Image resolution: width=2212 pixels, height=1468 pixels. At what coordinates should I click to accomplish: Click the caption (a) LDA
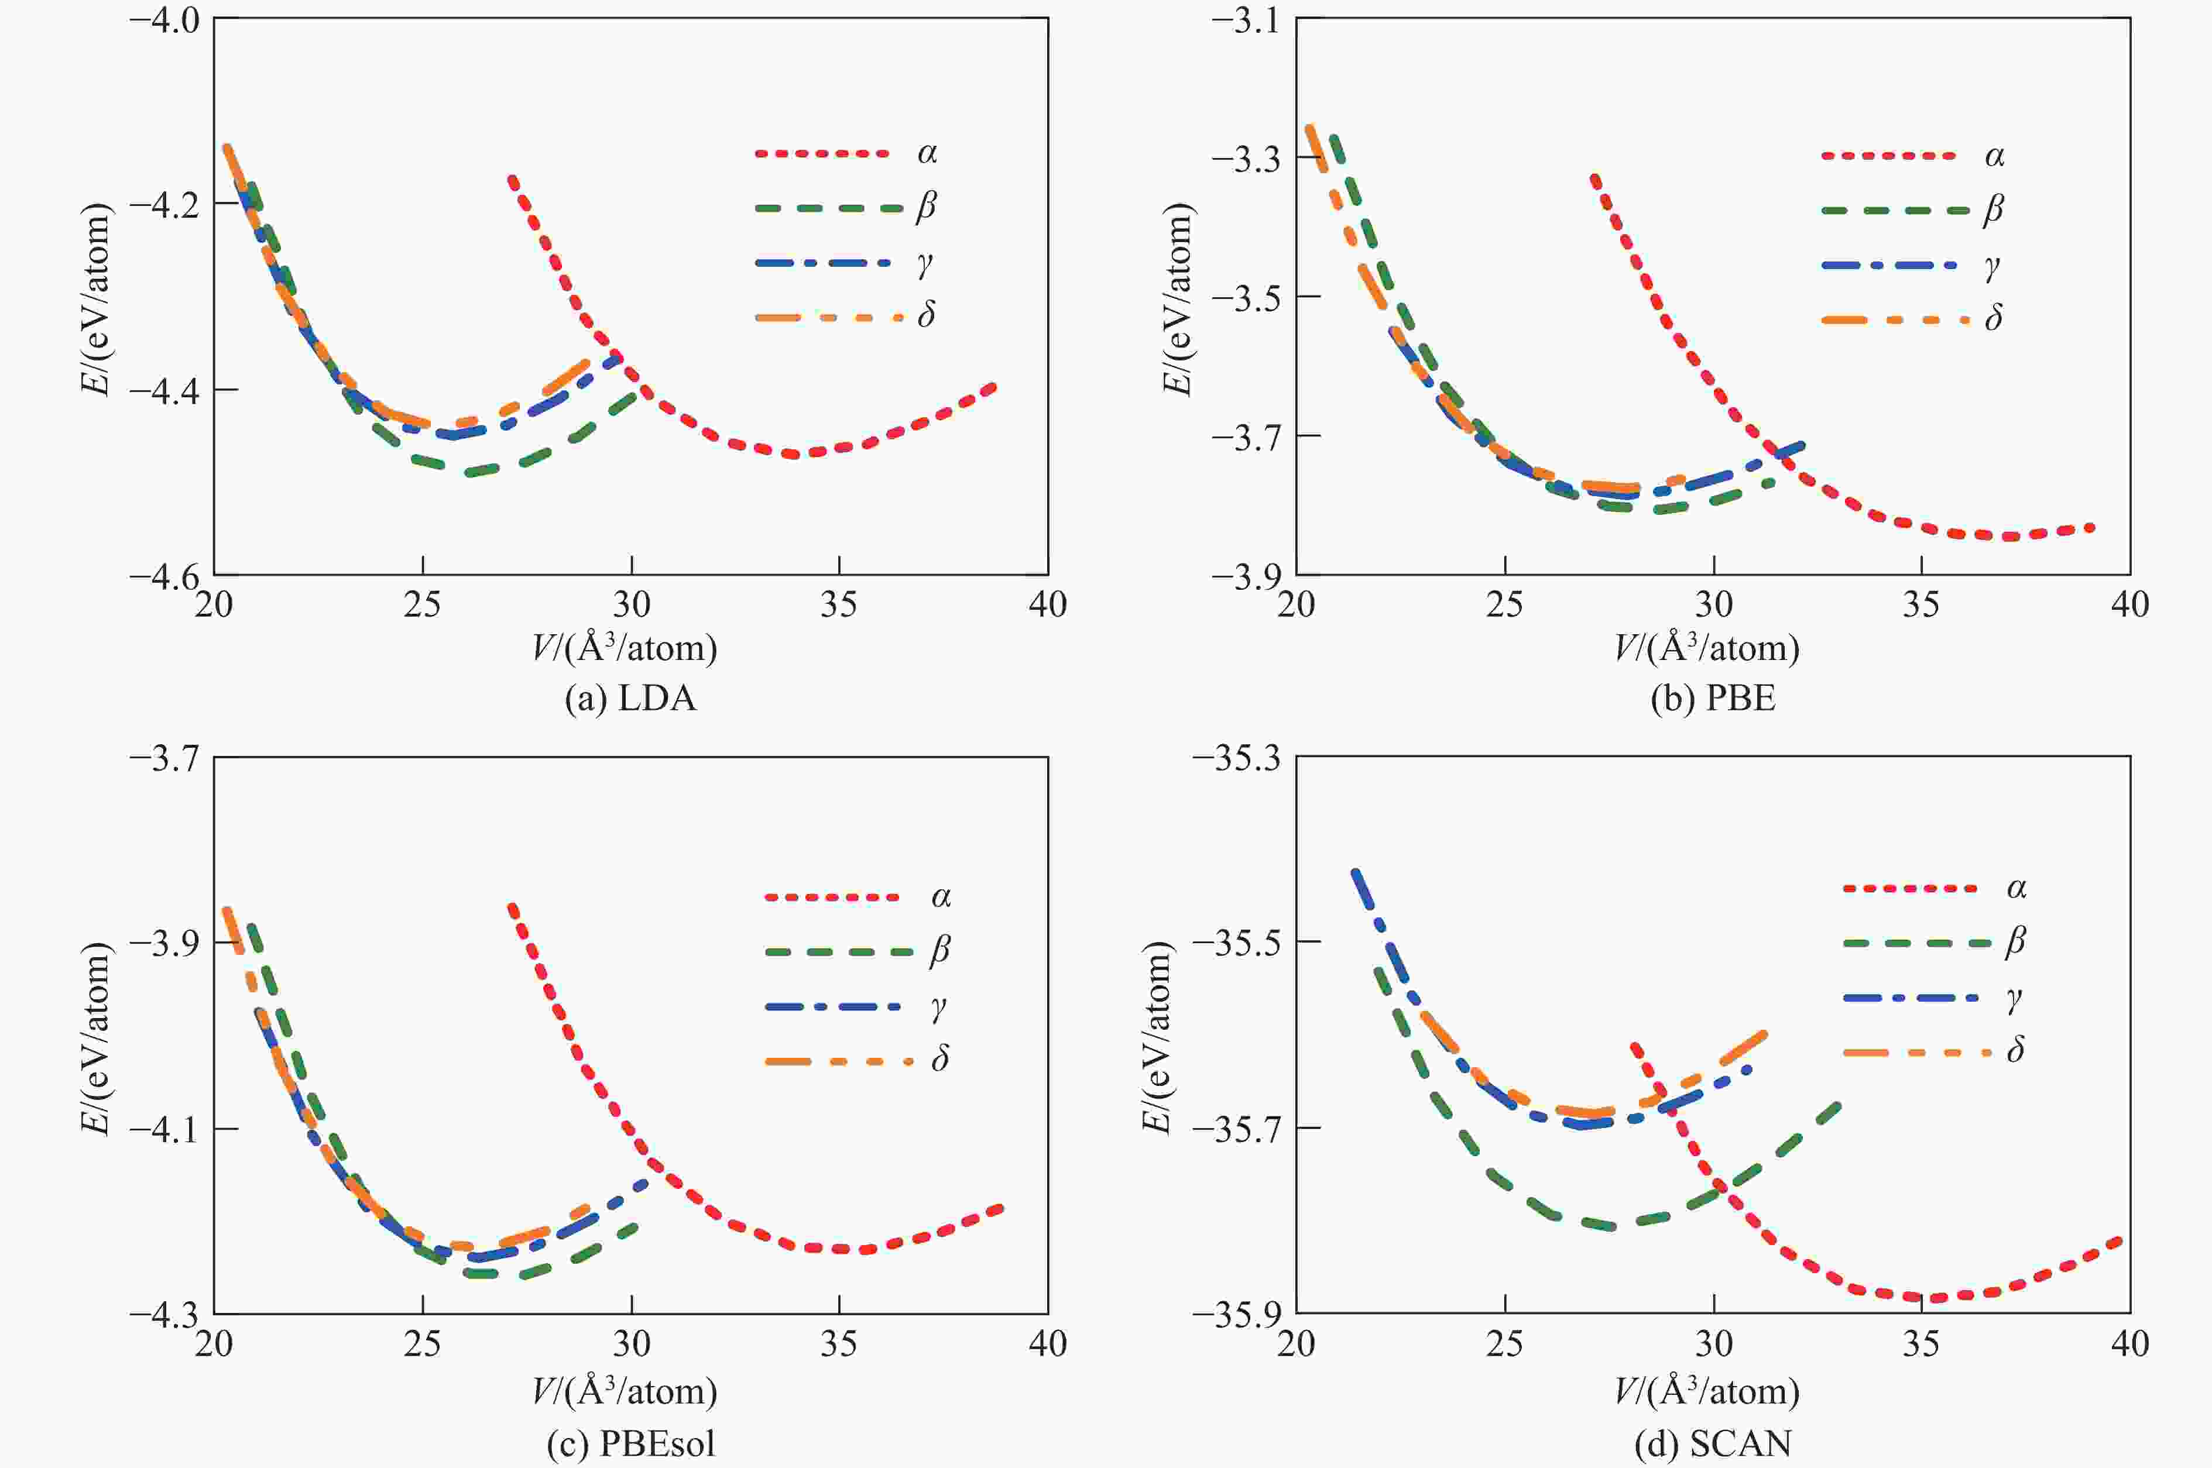click(630, 699)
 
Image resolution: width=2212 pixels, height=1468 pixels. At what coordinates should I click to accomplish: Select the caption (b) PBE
click(1712, 699)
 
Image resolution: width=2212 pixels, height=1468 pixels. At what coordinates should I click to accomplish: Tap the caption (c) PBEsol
click(630, 1443)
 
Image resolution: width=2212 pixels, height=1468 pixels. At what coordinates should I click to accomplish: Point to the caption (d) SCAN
click(1712, 1443)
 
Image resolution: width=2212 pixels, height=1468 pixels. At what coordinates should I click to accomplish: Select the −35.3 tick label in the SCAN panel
click(1235, 758)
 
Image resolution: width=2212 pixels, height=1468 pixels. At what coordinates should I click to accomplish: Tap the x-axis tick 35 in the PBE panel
click(1921, 606)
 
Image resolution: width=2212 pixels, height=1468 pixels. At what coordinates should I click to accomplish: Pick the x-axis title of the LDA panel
click(625, 648)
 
